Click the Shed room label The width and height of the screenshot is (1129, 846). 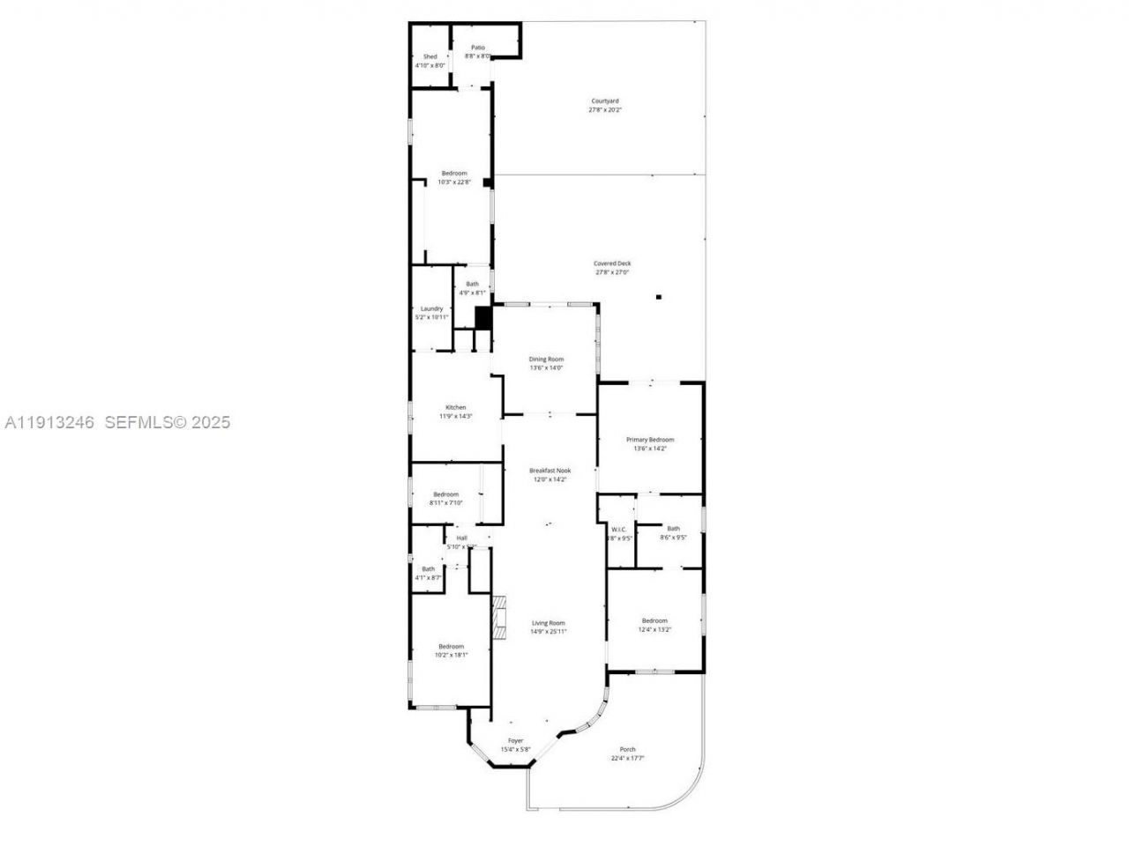click(430, 56)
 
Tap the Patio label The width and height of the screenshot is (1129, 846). click(477, 48)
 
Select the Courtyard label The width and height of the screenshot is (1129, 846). click(605, 101)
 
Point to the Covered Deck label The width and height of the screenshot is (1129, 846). click(612, 263)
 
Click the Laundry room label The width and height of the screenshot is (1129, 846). click(431, 308)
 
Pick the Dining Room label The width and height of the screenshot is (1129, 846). click(546, 360)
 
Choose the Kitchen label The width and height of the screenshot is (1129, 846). click(455, 407)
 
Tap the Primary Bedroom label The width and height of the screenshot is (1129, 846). click(650, 440)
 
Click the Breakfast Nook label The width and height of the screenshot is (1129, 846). click(550, 471)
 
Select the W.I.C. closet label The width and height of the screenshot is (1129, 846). click(618, 530)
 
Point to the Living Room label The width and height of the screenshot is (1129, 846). click(548, 623)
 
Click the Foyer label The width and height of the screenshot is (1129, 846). click(515, 741)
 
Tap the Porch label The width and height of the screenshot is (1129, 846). click(627, 750)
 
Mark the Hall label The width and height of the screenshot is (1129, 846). click(461, 538)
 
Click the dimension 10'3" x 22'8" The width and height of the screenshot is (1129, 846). click(454, 182)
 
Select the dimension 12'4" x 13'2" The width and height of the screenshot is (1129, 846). click(654, 629)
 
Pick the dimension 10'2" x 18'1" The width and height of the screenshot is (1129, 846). click(451, 655)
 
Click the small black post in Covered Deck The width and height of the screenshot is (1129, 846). click(658, 297)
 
